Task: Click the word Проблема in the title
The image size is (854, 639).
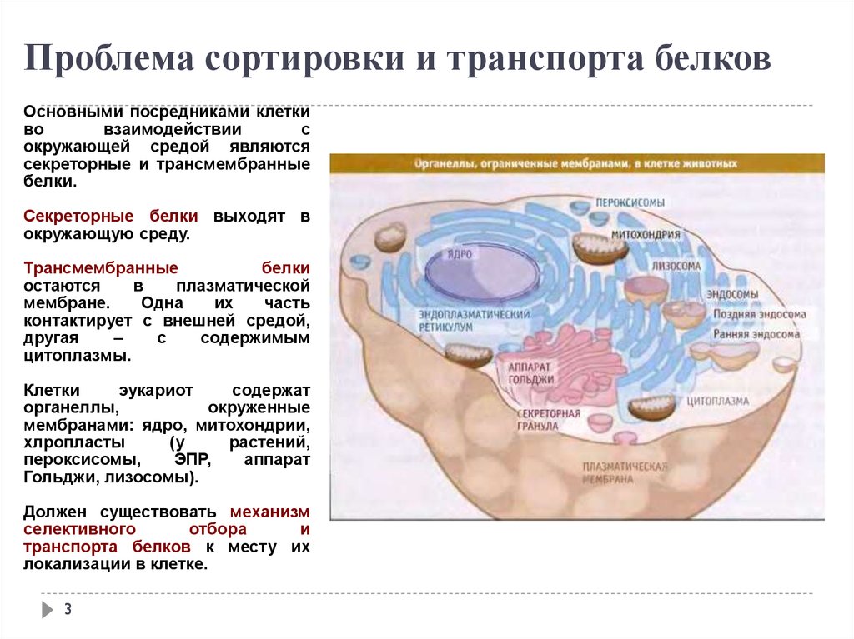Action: [x=109, y=58]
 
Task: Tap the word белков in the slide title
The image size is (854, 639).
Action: [x=713, y=57]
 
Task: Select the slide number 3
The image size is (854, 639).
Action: [x=68, y=608]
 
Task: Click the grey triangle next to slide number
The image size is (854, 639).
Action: [x=48, y=609]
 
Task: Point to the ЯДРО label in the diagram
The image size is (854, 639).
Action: [x=460, y=253]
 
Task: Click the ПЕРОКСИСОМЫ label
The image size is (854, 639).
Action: [x=630, y=202]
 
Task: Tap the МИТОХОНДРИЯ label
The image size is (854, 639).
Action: [x=646, y=235]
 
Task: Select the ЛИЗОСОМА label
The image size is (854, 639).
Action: [x=676, y=266]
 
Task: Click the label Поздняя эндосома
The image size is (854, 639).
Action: [x=759, y=314]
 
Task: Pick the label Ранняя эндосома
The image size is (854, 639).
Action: [x=756, y=334]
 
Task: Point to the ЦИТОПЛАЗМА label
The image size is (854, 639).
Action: [x=717, y=401]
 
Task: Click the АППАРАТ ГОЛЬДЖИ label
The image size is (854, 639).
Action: [x=530, y=373]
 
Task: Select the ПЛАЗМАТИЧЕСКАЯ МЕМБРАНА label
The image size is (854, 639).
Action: [x=625, y=473]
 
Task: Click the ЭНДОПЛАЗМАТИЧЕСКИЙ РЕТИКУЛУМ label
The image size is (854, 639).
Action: [x=474, y=321]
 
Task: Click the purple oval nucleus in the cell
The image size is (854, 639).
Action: [x=482, y=270]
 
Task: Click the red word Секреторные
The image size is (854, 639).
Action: [x=78, y=216]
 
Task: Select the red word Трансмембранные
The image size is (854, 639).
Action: [x=101, y=268]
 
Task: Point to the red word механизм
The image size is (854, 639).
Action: [x=269, y=512]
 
